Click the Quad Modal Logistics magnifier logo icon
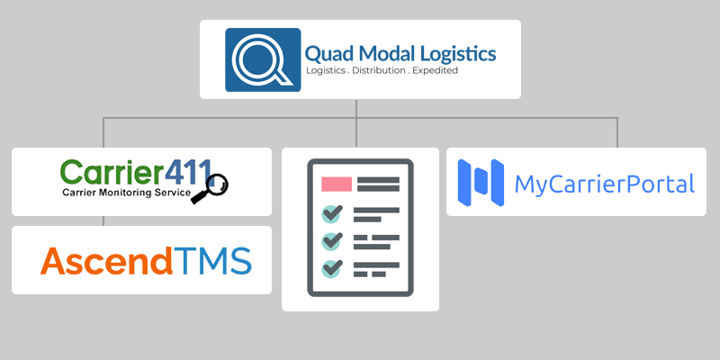click(263, 59)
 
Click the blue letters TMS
click(213, 261)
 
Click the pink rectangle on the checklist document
click(336, 184)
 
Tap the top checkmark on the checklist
click(333, 214)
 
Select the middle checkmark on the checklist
click(333, 241)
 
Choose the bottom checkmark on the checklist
click(333, 268)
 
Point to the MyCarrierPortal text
click(604, 184)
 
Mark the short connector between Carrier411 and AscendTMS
click(104, 220)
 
